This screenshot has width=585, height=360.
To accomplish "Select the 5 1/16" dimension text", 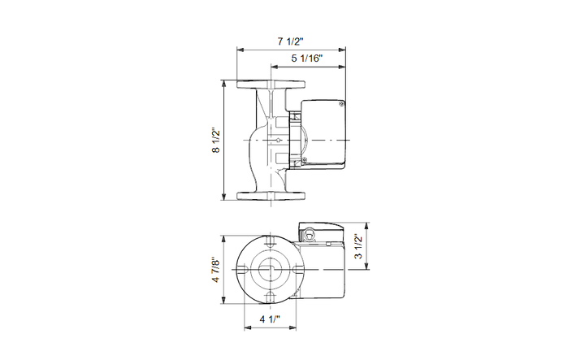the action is point(306,59).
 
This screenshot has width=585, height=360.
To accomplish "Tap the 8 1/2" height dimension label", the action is point(216,141).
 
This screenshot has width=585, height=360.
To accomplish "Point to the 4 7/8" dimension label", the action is point(216,269).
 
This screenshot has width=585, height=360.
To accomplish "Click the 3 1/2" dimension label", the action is point(358,246).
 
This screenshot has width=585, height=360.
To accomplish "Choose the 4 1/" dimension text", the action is point(270,319).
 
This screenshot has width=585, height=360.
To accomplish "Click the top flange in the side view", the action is point(271,85).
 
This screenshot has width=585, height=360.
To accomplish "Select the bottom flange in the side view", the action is point(271,196).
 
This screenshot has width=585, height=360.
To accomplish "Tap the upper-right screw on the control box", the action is point(340,105).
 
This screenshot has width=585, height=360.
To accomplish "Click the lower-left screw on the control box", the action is point(305,160).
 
